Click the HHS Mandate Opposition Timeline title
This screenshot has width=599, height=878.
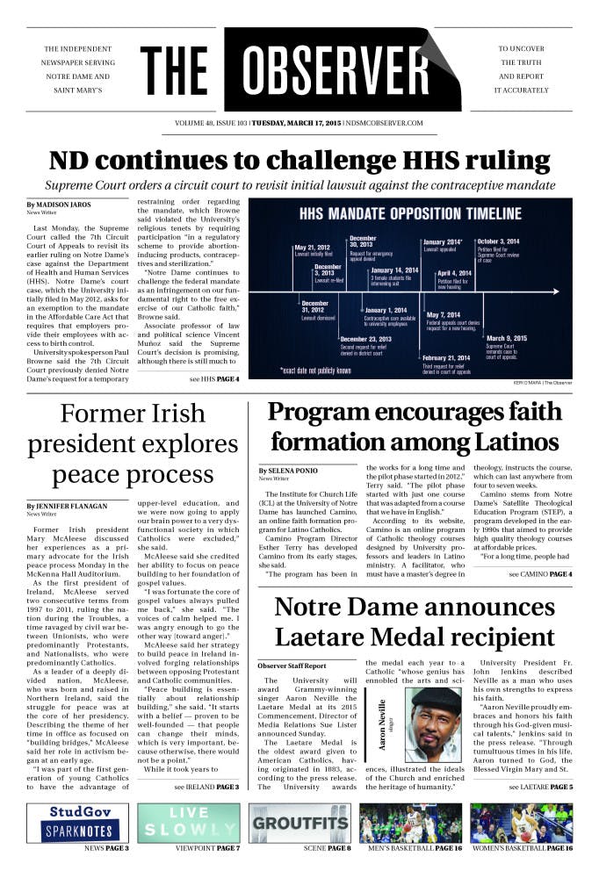click(410, 214)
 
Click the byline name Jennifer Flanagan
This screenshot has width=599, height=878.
click(67, 506)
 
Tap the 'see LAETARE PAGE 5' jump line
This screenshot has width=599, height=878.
click(540, 788)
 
